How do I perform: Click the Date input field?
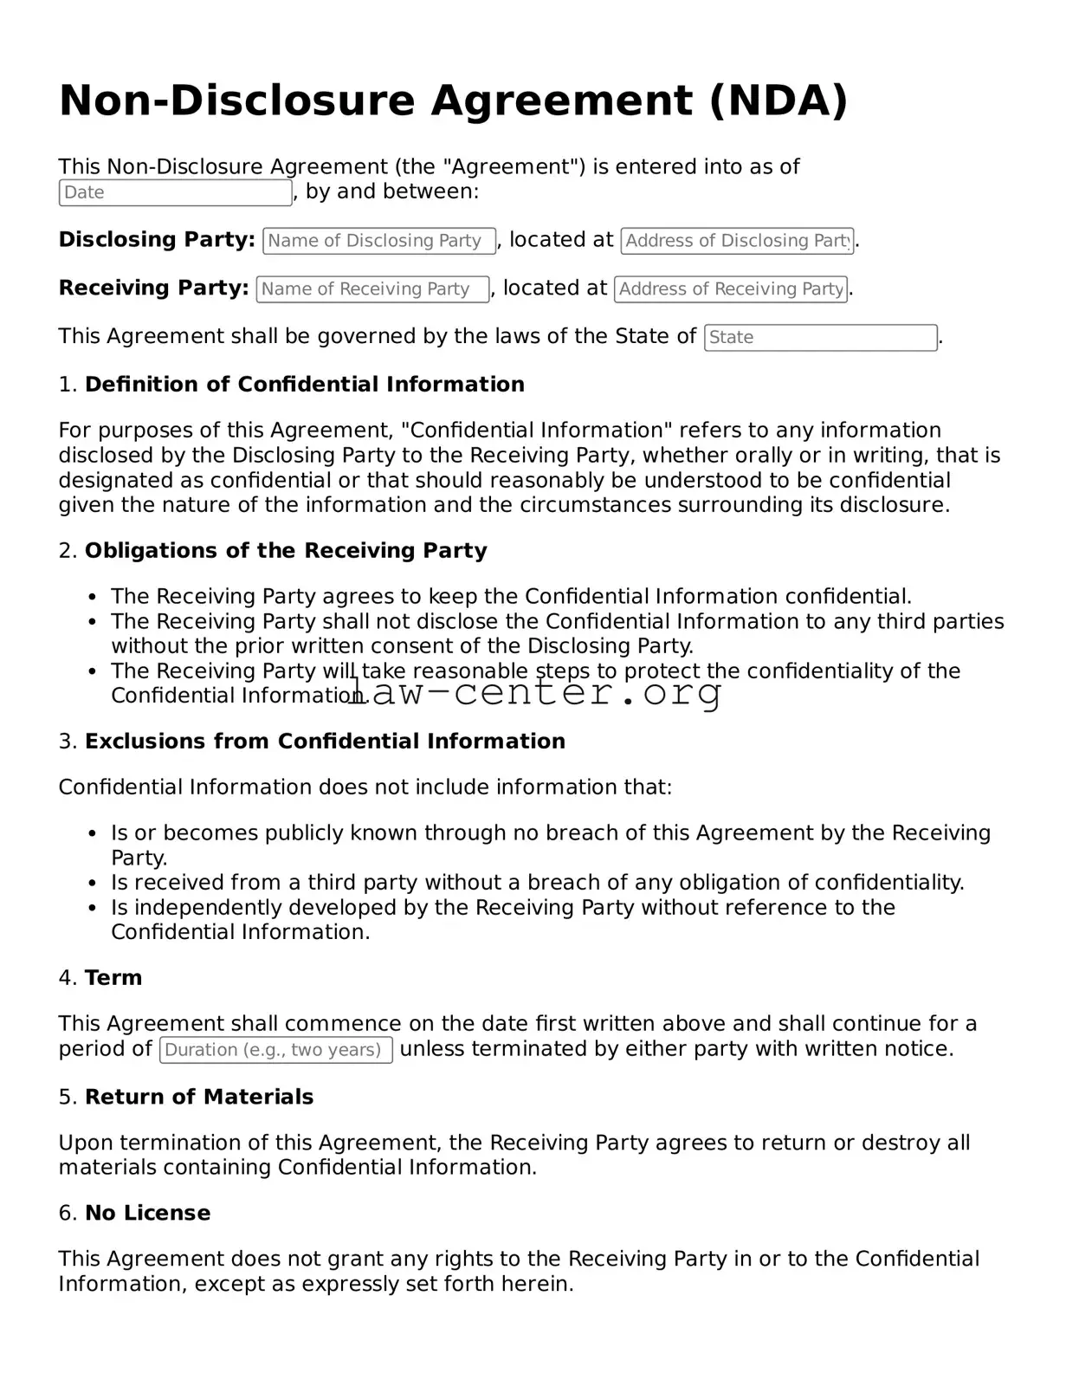175,192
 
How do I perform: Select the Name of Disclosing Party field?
379,241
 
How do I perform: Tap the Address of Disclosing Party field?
737,241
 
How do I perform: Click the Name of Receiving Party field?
372,289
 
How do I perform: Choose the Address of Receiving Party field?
731,289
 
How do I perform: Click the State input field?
820,338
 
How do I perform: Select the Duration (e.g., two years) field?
276,1050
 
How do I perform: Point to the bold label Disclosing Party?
157,240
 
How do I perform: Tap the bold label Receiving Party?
153,288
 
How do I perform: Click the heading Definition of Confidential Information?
304,385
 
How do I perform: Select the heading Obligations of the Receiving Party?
286,551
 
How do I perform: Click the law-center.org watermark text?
534,691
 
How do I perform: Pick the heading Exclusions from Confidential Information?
325,742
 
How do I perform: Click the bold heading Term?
113,978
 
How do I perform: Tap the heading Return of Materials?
199,1097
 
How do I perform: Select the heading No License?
147,1213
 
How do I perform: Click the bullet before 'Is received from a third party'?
93,884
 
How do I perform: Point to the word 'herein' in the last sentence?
544,1284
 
